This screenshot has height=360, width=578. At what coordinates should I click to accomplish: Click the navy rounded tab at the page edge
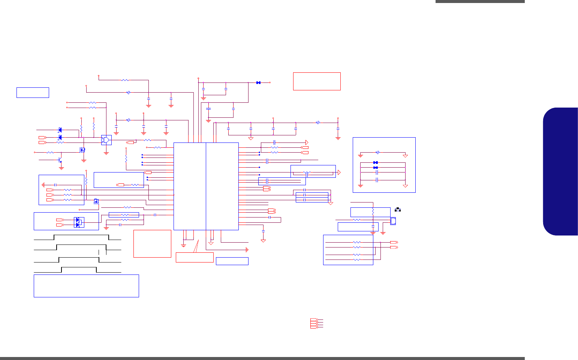(x=560, y=171)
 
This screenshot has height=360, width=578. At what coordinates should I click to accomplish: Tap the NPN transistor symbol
(x=60, y=160)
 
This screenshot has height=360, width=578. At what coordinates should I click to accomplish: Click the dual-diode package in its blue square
(x=79, y=222)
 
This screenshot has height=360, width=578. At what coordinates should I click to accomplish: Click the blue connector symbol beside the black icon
(x=393, y=221)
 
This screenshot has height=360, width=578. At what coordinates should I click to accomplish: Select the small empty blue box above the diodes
(x=33, y=92)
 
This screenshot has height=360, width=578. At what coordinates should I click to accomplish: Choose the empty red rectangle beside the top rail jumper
(x=317, y=81)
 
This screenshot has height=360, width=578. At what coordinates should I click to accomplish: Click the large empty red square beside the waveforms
(x=152, y=244)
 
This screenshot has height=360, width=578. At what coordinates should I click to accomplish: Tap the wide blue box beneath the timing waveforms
(x=86, y=286)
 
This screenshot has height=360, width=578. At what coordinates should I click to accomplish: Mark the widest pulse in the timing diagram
(x=81, y=237)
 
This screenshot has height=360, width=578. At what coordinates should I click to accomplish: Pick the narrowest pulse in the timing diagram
(x=79, y=269)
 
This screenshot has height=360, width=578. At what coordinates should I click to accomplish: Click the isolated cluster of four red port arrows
(x=314, y=323)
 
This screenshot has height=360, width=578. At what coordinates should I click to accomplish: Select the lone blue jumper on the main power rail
(x=258, y=82)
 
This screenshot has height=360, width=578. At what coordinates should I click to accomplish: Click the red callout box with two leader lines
(x=195, y=257)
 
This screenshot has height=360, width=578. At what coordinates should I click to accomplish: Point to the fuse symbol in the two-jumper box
(x=378, y=153)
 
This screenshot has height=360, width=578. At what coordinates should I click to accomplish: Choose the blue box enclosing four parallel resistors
(x=348, y=250)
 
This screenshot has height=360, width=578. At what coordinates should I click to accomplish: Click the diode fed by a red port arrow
(x=60, y=138)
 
